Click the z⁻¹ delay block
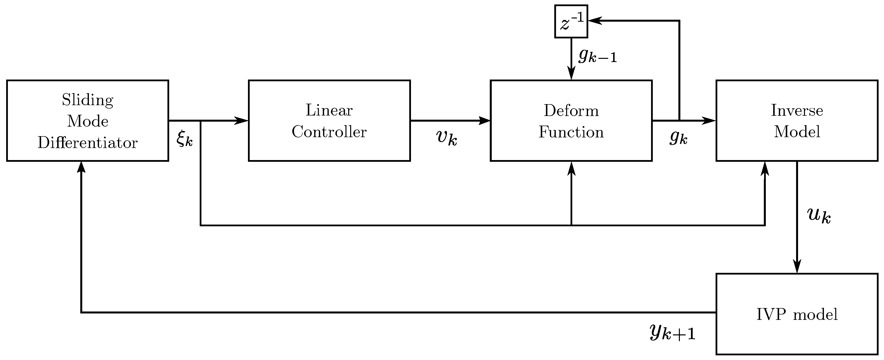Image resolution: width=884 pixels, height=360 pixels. point(571,21)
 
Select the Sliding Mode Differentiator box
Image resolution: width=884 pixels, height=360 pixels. point(87,120)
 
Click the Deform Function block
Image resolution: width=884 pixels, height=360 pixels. point(571,120)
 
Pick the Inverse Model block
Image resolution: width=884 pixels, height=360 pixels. point(797,120)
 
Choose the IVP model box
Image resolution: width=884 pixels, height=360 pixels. point(797,314)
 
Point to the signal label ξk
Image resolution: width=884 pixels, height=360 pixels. point(185,139)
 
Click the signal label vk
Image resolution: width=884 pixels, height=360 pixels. point(446,138)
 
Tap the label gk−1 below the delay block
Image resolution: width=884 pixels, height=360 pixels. point(597,56)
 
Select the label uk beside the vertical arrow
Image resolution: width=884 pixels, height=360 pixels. point(819,215)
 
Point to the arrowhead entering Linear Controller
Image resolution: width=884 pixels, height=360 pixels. point(242,120)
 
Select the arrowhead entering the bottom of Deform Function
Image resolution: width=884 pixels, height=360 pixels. point(571,168)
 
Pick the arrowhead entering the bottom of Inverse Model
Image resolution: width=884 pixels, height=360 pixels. point(765,168)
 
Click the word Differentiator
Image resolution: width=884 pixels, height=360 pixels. point(87,142)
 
